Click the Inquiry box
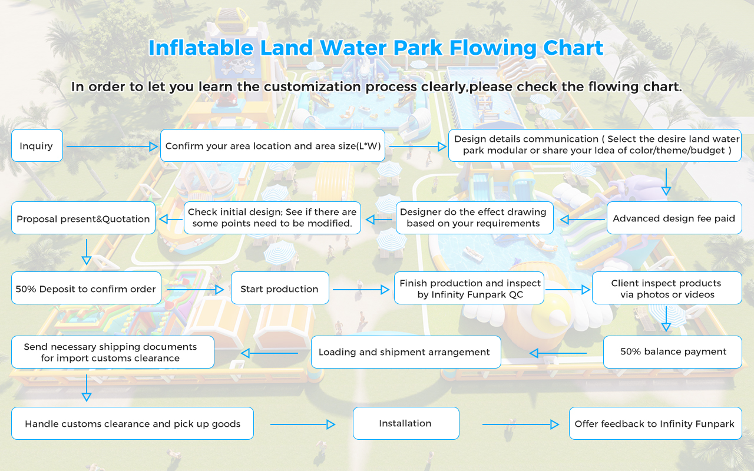coord(37,145)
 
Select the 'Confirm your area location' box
coord(273,145)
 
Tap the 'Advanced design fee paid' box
coord(674,218)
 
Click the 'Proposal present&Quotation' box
coord(83,218)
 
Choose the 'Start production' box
coord(280,288)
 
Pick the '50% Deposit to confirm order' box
coord(86,288)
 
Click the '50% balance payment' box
coord(673,352)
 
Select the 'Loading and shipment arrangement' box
coord(406,352)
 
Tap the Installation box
coord(406,423)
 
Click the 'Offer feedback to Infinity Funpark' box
coord(656,423)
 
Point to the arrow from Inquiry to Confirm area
coord(112,147)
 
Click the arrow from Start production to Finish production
coord(361,289)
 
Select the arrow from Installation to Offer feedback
coord(521,424)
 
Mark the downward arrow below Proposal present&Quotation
coord(87,252)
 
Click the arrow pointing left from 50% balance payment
coord(558,353)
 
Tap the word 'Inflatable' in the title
coord(201,48)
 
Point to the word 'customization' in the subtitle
coord(312,87)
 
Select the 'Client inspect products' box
coord(667,288)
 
